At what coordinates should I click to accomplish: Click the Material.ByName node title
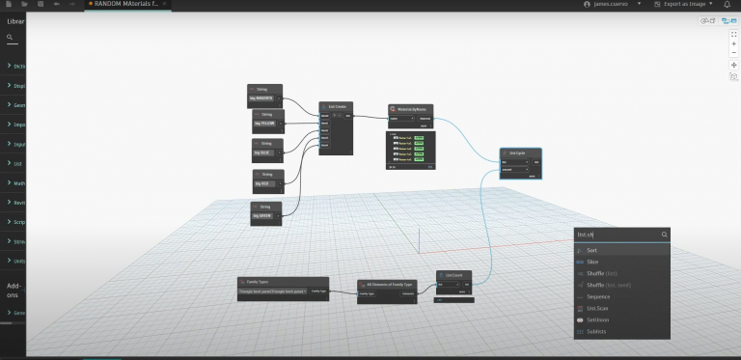(411, 109)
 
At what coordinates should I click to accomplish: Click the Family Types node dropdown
(272, 291)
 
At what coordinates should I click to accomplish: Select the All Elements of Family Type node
(386, 285)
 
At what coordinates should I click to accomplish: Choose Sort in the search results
(592, 250)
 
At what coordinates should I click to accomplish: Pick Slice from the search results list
(592, 262)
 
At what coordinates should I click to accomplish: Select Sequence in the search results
(598, 296)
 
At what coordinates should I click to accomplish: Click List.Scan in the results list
(598, 308)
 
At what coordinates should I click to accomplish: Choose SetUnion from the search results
(598, 319)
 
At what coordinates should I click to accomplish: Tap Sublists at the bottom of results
(597, 331)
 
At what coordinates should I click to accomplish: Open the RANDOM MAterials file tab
(126, 5)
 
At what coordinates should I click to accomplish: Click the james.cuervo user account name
(610, 5)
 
